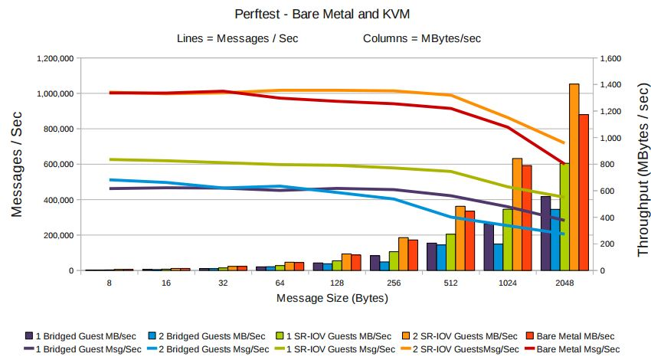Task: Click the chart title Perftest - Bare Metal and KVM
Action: pos(325,14)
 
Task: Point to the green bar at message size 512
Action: pos(450,252)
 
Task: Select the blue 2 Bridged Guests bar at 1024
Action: pos(498,257)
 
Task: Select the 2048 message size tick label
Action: pos(564,283)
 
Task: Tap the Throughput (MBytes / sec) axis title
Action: pos(637,164)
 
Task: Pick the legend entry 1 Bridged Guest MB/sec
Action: pos(83,335)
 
